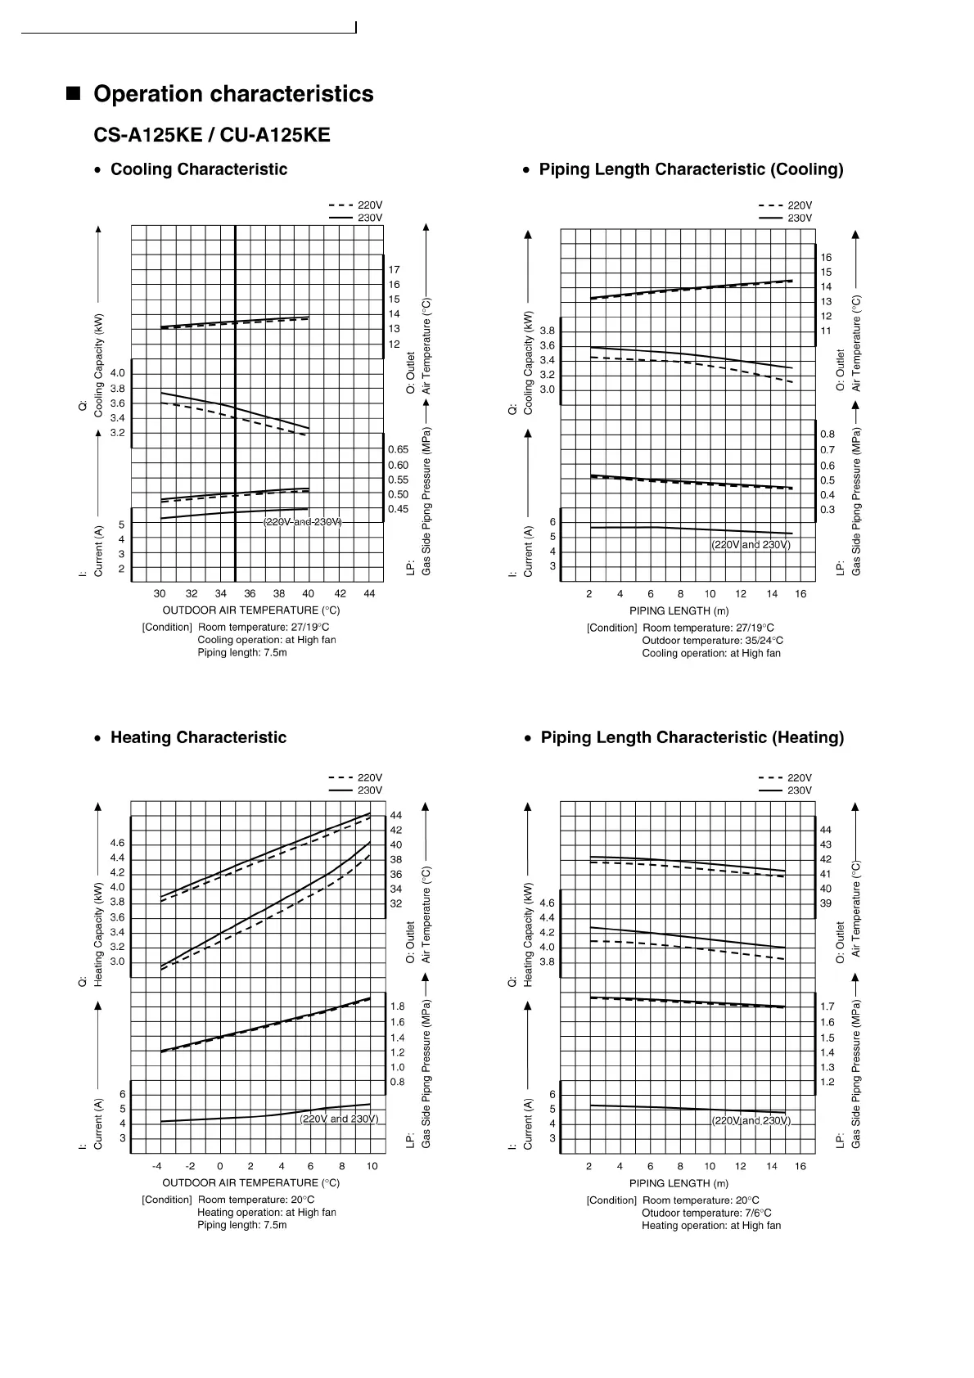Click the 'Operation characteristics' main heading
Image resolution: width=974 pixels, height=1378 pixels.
(x=233, y=94)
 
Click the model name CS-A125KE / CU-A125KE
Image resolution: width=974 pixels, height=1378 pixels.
(x=212, y=135)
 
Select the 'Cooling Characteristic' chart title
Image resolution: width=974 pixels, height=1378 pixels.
(x=199, y=169)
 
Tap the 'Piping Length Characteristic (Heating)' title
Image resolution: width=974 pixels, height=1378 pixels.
(x=692, y=737)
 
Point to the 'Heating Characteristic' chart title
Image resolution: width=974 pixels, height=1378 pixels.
(x=198, y=737)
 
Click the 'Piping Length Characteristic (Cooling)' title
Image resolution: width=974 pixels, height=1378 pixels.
(x=691, y=169)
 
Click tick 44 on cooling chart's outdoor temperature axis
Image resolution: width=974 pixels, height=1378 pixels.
(x=369, y=593)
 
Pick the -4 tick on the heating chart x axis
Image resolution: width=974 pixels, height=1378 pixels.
(x=157, y=1166)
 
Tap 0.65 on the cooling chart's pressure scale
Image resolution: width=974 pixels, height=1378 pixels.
(x=398, y=449)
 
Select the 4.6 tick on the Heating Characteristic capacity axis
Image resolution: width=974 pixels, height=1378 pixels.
(x=117, y=843)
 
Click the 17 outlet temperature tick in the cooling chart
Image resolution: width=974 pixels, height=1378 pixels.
(x=395, y=269)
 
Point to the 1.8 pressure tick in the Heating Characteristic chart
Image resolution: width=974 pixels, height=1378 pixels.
(x=397, y=1006)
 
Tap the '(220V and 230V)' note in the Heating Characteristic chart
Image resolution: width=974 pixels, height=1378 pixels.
(x=339, y=1119)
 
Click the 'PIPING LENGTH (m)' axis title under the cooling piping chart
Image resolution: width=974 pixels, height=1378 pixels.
(x=679, y=610)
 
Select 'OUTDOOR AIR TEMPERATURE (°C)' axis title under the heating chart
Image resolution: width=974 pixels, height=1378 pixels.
(x=250, y=1182)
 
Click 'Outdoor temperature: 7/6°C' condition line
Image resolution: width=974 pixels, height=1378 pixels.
(x=706, y=1213)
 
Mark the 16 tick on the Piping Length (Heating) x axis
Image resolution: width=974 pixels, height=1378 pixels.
(x=800, y=1166)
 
